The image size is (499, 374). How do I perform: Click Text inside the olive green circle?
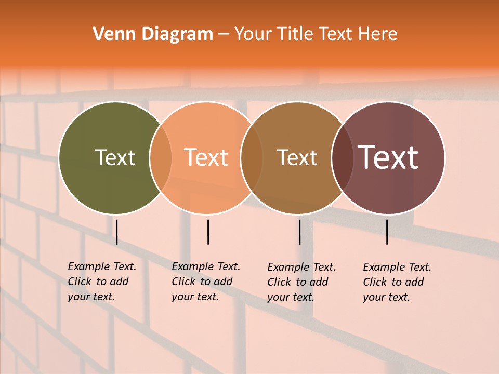coord(115,157)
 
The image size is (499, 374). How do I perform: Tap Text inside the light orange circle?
coord(206,157)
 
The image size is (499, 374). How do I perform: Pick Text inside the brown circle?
coord(297,157)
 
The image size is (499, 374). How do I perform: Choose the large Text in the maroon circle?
coord(388,157)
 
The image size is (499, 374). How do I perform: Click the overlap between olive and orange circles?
coord(161,158)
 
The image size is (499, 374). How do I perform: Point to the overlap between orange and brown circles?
coord(252,158)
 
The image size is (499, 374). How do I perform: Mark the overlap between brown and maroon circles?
coord(343,158)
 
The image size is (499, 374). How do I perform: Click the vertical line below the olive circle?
coord(117,232)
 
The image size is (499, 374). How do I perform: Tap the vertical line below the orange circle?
coord(208,232)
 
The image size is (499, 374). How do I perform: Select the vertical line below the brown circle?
coord(299,232)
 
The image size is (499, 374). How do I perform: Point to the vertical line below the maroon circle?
coord(387,232)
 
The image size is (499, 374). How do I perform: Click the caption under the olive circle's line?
coord(101,282)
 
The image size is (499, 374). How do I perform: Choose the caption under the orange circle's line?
coord(205,282)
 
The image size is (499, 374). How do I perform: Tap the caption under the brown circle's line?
coord(301,282)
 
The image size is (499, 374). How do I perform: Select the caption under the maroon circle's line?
coord(397,282)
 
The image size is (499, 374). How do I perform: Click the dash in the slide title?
coord(224,34)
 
